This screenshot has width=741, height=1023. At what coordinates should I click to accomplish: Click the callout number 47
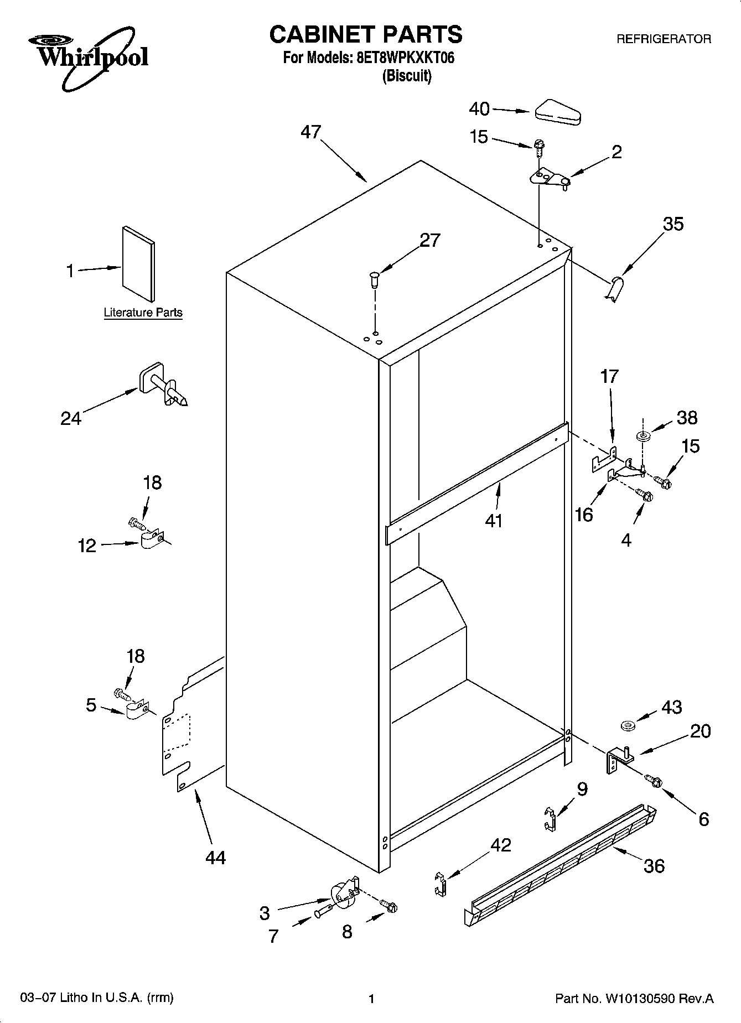pos(311,132)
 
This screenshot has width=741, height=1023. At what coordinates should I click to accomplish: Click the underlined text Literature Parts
pos(143,313)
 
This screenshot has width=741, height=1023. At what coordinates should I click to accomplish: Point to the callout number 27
pos(429,240)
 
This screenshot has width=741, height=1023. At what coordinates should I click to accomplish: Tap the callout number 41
pos(493,521)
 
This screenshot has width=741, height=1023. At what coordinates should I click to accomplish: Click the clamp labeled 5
pos(136,710)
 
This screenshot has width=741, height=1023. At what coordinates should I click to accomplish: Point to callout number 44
pos(215,858)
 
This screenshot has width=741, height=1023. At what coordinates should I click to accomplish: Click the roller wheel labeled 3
pos(342,895)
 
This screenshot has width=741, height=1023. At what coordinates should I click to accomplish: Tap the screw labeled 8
pos(390,907)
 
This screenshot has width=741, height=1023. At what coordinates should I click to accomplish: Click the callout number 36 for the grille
pos(654,866)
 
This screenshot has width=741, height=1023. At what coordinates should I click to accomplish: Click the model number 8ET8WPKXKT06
pos(402,58)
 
